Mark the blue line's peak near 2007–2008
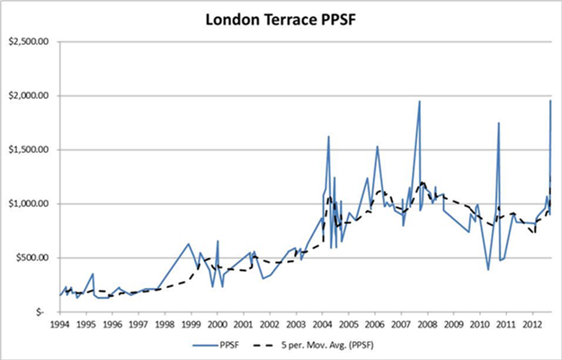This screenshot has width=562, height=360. (x=419, y=101)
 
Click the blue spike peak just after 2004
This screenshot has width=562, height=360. (x=328, y=136)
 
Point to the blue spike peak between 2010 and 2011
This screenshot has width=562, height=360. (x=498, y=122)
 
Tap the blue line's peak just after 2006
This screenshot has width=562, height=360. (x=377, y=146)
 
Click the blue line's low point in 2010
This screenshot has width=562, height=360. (x=488, y=269)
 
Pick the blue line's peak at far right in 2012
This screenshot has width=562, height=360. (x=550, y=100)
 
